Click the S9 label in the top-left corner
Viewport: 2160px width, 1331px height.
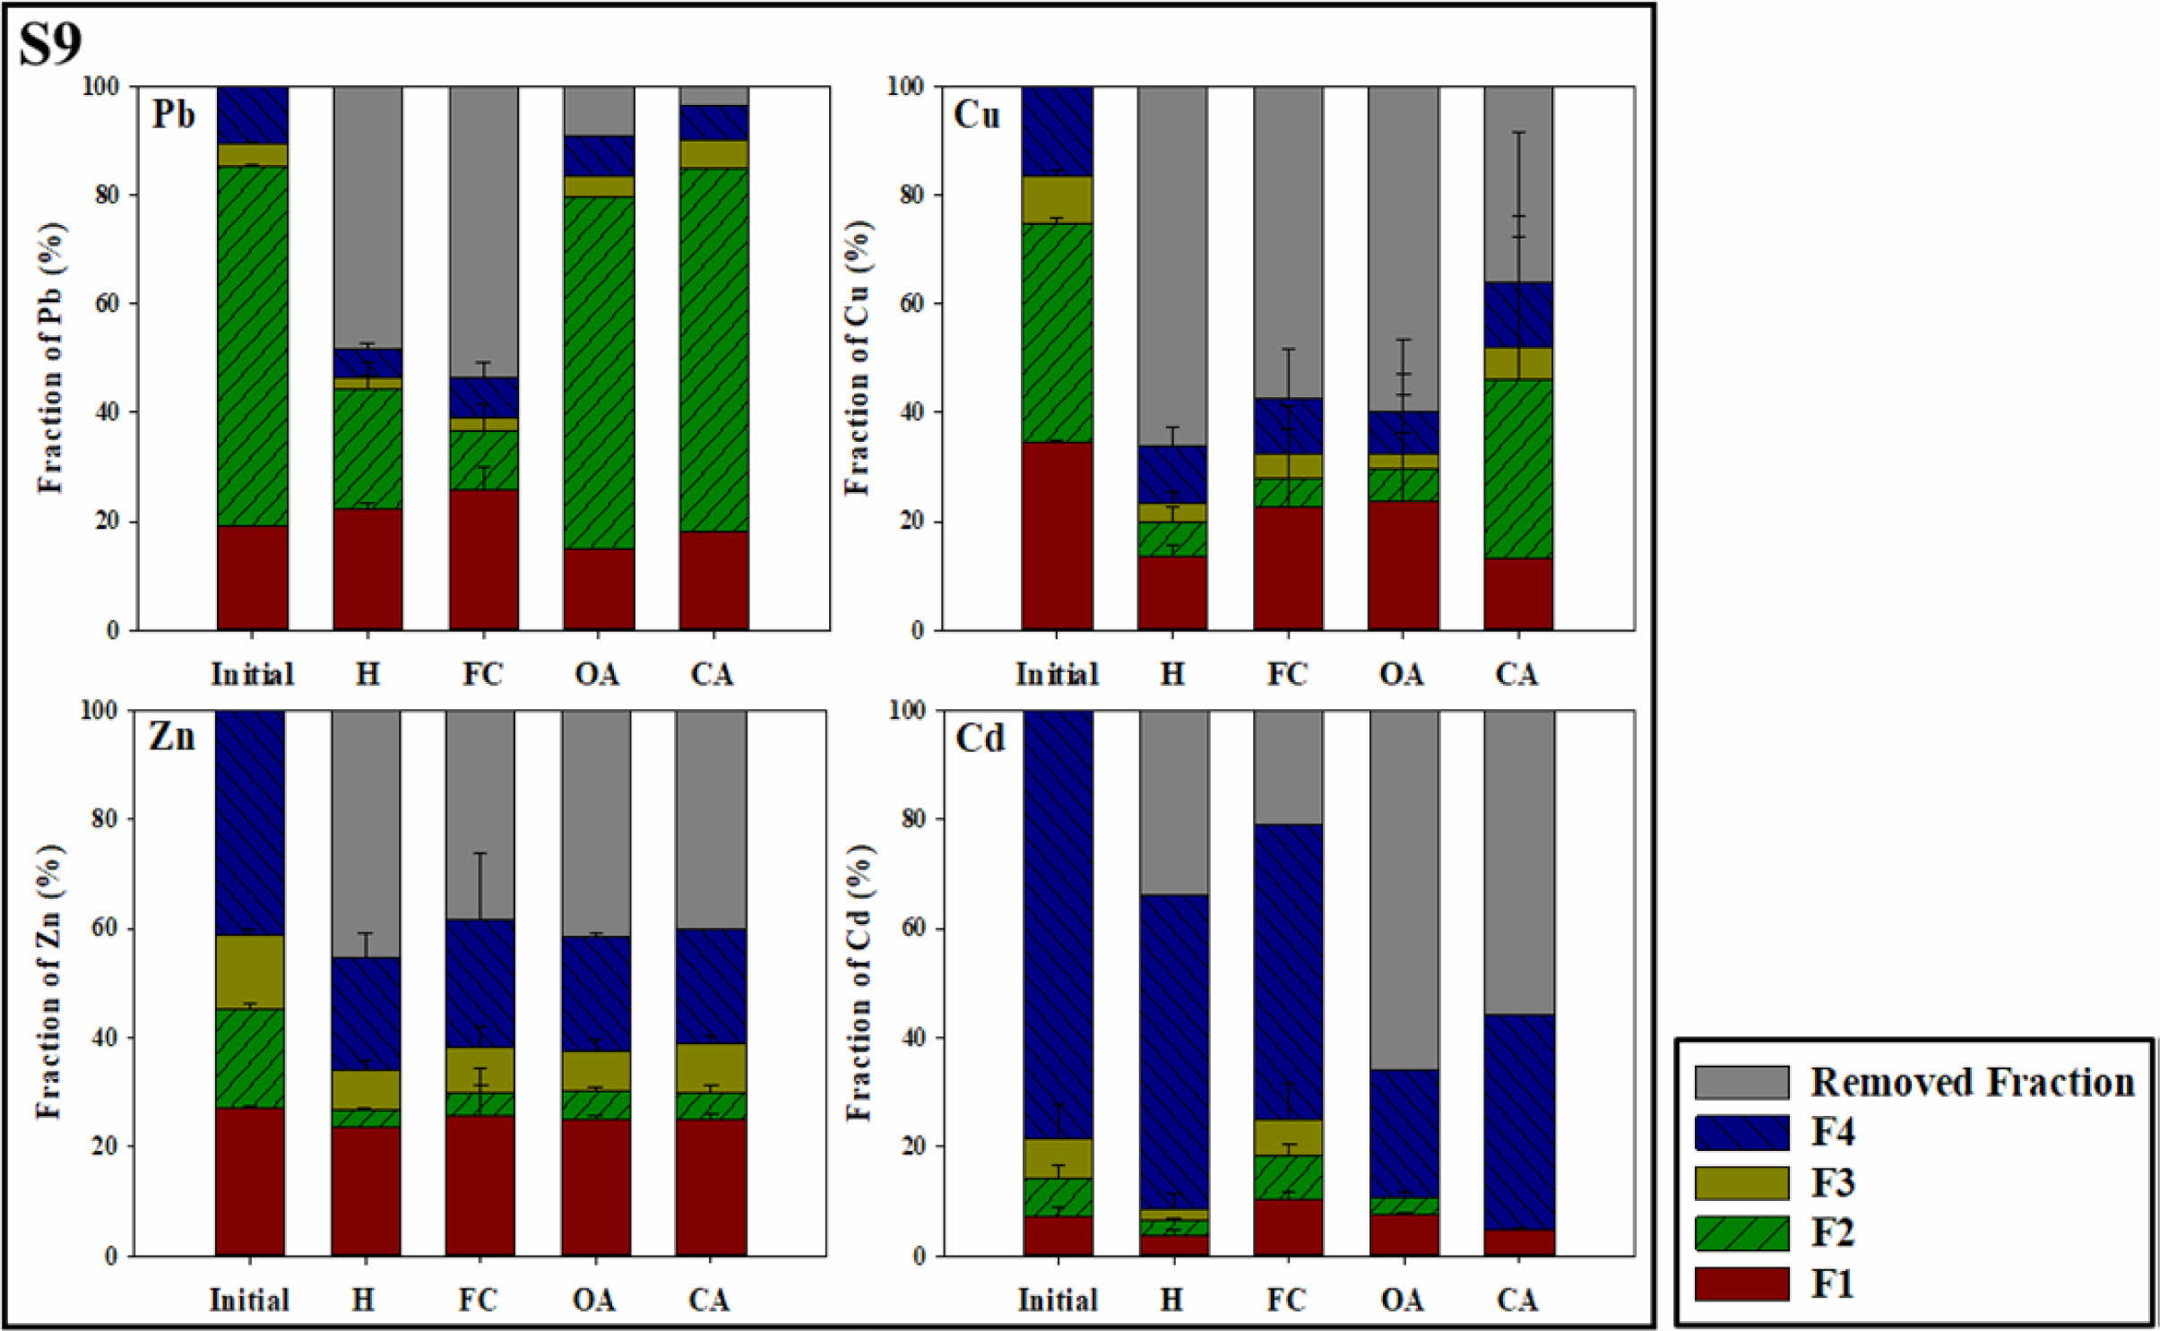[x=50, y=44]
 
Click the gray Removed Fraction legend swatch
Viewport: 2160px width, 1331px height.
[x=1741, y=1082]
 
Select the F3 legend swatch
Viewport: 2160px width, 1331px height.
[x=1741, y=1182]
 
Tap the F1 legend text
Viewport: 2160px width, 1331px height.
[x=1832, y=1283]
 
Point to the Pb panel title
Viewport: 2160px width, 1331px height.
[x=173, y=115]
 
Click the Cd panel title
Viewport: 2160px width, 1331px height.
[x=980, y=739]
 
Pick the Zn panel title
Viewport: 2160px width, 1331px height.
[x=171, y=737]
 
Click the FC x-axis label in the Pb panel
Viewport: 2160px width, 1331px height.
[x=482, y=674]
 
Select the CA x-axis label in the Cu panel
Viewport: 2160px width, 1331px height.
[x=1516, y=674]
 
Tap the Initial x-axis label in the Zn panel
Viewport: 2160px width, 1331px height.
[x=249, y=1300]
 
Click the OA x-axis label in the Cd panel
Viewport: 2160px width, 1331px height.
[x=1402, y=1300]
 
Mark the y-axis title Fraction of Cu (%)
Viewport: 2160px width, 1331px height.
[x=858, y=359]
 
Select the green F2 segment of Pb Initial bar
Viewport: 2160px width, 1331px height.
[x=252, y=345]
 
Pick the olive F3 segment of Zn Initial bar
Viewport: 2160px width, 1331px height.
[x=250, y=972]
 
